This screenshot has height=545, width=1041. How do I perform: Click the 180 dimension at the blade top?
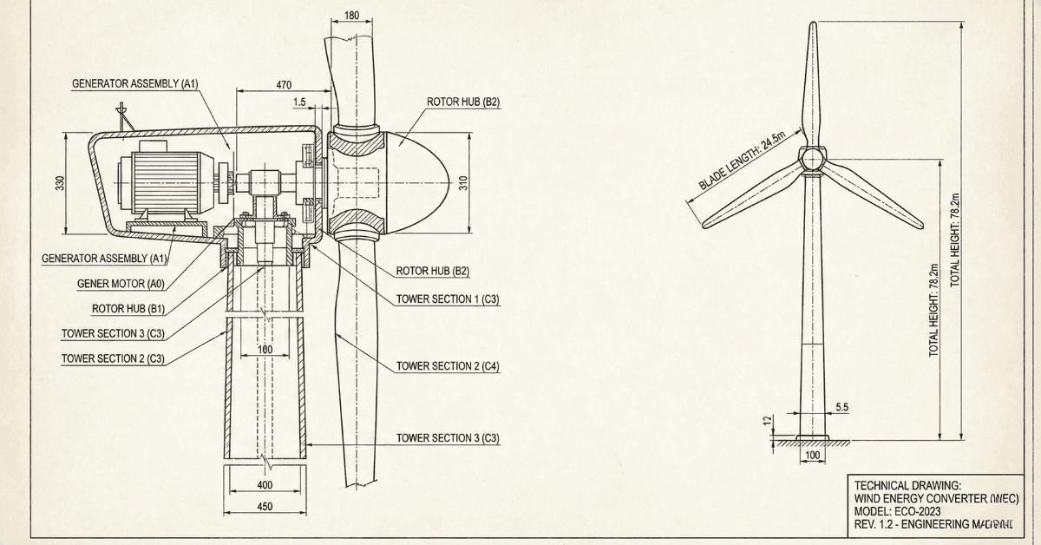pos(351,16)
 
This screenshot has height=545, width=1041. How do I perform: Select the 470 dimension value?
pos(284,85)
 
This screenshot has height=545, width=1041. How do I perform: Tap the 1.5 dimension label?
pos(299,102)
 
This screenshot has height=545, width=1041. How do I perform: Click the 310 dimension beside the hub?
pos(464,184)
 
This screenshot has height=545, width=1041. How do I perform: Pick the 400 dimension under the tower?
pos(265,484)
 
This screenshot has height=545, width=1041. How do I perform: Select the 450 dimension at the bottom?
pos(265,507)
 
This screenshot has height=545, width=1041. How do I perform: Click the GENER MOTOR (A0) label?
pos(121,283)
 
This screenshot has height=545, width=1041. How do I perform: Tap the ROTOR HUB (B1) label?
pos(128,308)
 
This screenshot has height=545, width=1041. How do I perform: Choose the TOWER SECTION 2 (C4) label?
pos(448,366)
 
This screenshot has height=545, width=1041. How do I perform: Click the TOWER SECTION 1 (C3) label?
pos(448,299)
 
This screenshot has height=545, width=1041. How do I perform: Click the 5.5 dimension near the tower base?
pos(841,406)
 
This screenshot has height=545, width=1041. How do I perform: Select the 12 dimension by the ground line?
pos(767,421)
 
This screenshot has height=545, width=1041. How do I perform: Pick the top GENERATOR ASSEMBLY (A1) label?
pos(135,84)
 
